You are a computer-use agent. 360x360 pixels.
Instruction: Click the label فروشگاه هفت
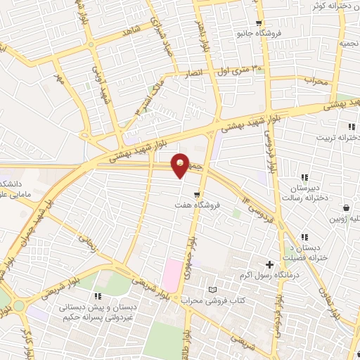click(x=198, y=205)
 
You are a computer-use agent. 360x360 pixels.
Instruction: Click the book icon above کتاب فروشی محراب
click(x=212, y=290)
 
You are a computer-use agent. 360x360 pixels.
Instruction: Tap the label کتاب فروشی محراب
click(x=213, y=301)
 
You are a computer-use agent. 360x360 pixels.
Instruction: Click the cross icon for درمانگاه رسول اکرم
click(x=269, y=264)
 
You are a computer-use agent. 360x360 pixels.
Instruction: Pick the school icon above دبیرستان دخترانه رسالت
click(x=304, y=178)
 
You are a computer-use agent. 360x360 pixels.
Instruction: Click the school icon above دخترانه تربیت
click(x=349, y=127)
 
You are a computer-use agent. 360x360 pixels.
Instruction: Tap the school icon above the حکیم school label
click(x=98, y=295)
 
